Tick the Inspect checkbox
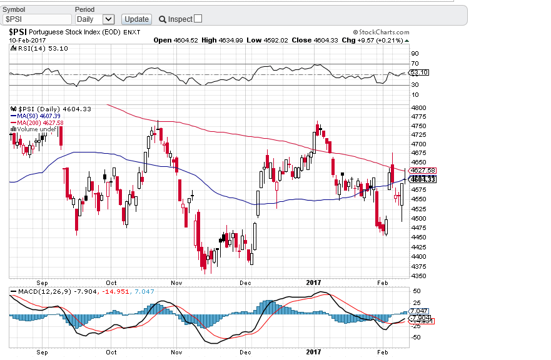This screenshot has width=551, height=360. [198, 19]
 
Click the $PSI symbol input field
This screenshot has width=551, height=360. [38, 19]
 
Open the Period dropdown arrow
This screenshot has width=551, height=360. [108, 19]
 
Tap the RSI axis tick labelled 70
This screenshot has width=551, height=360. [414, 64]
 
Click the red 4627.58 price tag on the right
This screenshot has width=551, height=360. [422, 171]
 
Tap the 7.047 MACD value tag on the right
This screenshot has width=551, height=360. [420, 311]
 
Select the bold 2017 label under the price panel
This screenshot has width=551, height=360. [313, 282]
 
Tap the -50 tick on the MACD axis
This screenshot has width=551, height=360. [415, 337]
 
